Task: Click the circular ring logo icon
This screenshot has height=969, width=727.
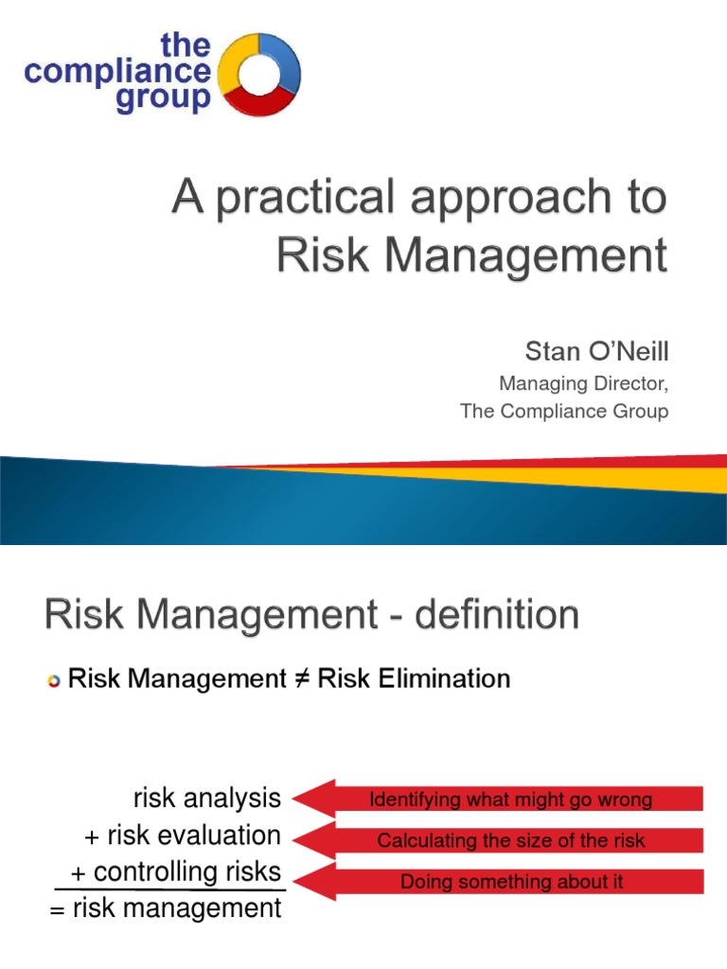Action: (259, 74)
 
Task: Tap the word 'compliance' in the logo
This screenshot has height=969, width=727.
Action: (118, 72)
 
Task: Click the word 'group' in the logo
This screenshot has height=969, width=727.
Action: (164, 99)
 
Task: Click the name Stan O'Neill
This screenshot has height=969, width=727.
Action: (596, 353)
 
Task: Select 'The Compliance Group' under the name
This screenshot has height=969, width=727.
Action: (564, 412)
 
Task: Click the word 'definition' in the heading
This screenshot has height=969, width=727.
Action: (473, 616)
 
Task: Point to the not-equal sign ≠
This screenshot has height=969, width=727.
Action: (301, 679)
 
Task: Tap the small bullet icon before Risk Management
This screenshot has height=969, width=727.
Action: (53, 681)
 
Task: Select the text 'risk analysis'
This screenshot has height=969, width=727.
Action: (206, 799)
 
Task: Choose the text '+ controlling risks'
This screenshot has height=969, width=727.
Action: (176, 872)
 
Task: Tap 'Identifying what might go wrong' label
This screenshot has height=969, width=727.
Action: (510, 800)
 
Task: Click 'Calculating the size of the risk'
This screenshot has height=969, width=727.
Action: (510, 840)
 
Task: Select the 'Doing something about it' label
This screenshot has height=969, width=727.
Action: (511, 882)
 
